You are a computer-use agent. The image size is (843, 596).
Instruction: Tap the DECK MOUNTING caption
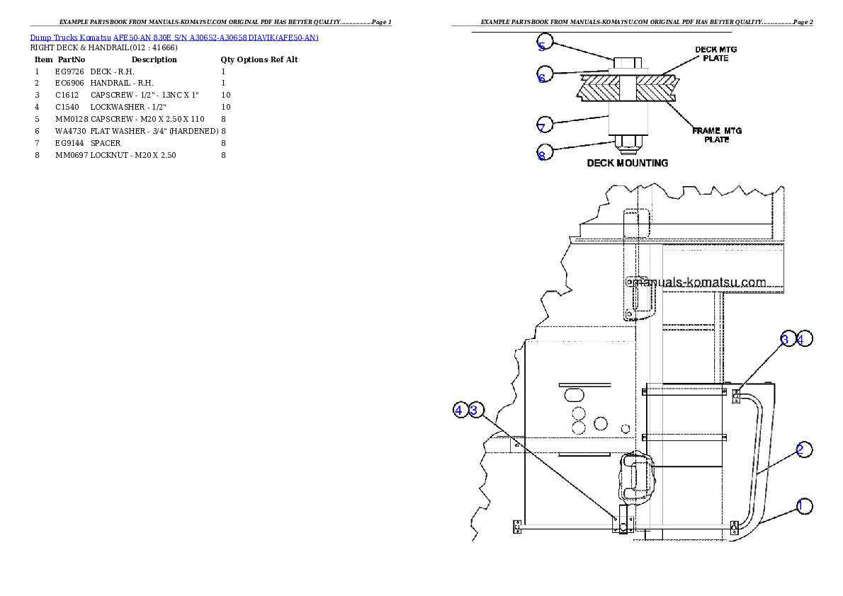pyautogui.click(x=627, y=164)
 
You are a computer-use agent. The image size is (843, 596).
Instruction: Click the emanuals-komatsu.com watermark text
pyautogui.click(x=698, y=282)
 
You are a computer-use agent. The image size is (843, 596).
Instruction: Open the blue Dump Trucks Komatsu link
pyautogui.click(x=174, y=38)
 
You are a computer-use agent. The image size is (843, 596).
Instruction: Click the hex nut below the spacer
pyautogui.click(x=628, y=145)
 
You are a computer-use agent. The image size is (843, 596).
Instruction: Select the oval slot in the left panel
pyautogui.click(x=575, y=393)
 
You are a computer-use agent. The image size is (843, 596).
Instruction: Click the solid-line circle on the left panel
pyautogui.click(x=601, y=424)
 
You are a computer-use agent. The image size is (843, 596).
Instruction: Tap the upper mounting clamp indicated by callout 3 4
pyautogui.click(x=737, y=396)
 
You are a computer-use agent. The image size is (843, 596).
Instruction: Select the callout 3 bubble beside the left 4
pyautogui.click(x=476, y=410)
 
